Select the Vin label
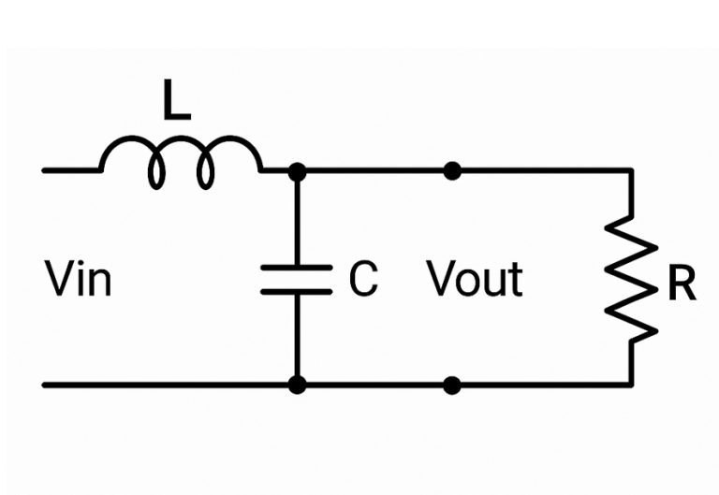(79, 280)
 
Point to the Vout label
(475, 280)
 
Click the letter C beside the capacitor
(363, 280)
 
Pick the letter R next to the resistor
(682, 286)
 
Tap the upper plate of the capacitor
(296, 269)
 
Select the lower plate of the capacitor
(296, 292)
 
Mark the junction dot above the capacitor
(297, 171)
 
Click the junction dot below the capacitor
(297, 384)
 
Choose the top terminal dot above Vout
(452, 171)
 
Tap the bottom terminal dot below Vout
(452, 384)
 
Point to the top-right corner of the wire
(630, 171)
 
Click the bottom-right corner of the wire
(630, 384)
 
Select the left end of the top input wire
(45, 171)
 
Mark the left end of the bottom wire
(45, 384)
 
